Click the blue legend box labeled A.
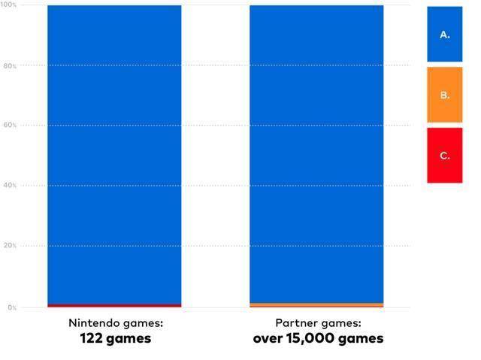[444, 34]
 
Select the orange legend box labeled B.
[444, 95]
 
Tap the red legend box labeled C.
[444, 156]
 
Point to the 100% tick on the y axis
[9, 5]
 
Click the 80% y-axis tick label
[10, 65]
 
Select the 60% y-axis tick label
[10, 126]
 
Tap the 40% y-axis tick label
[10, 186]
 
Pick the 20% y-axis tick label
[10, 246]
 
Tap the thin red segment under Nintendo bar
[114, 306]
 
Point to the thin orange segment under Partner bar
[316, 305]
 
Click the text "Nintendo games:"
[115, 323]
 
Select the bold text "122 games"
[115, 338]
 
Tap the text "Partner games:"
[318, 323]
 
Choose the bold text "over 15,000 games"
[318, 338]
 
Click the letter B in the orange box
[443, 95]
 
